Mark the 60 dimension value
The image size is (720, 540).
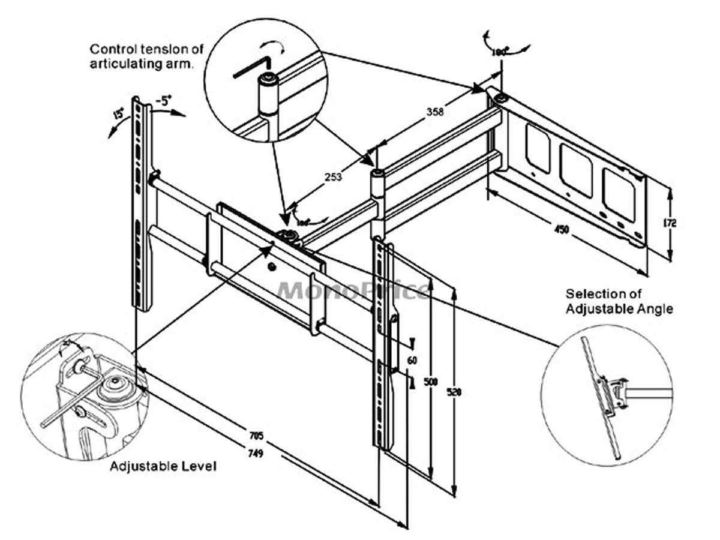point(412,361)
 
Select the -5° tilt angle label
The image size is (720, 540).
point(163,101)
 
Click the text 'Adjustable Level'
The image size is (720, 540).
point(163,466)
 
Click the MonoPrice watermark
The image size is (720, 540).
point(354,290)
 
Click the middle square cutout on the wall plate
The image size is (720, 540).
point(576,170)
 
